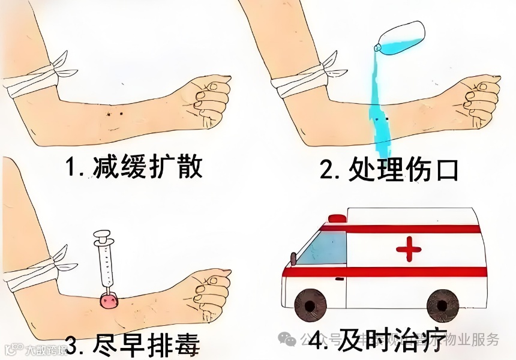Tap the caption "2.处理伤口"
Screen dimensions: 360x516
389,170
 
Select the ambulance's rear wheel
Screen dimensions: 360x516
443,305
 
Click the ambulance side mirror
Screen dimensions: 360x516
293,259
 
